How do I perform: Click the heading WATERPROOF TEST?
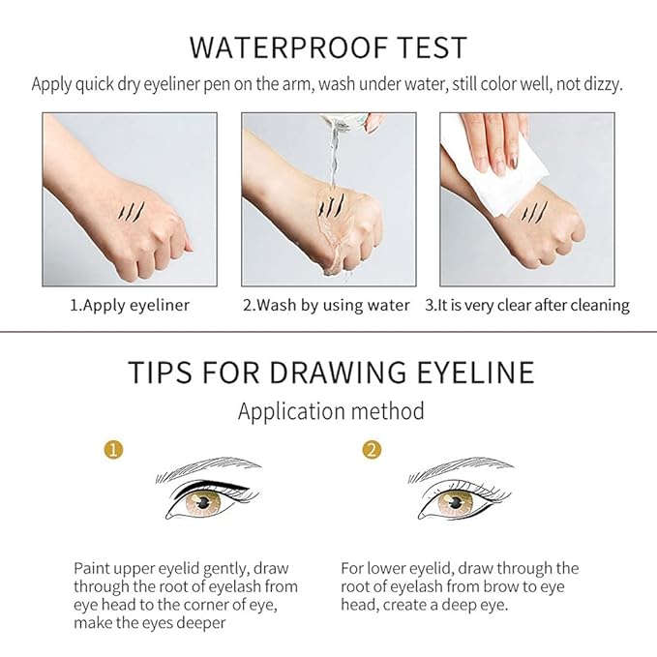coord(328,46)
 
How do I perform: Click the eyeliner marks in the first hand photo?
coord(130,207)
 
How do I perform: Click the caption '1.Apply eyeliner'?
coord(129,305)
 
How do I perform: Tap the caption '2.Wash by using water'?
coord(327,305)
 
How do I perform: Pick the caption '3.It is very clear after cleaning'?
coord(527,305)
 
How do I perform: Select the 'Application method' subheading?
coord(331,411)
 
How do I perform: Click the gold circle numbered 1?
coord(114,451)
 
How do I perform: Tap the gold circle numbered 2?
coord(371,451)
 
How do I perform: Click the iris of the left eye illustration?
coord(205,502)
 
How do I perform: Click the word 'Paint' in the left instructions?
coord(93,568)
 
